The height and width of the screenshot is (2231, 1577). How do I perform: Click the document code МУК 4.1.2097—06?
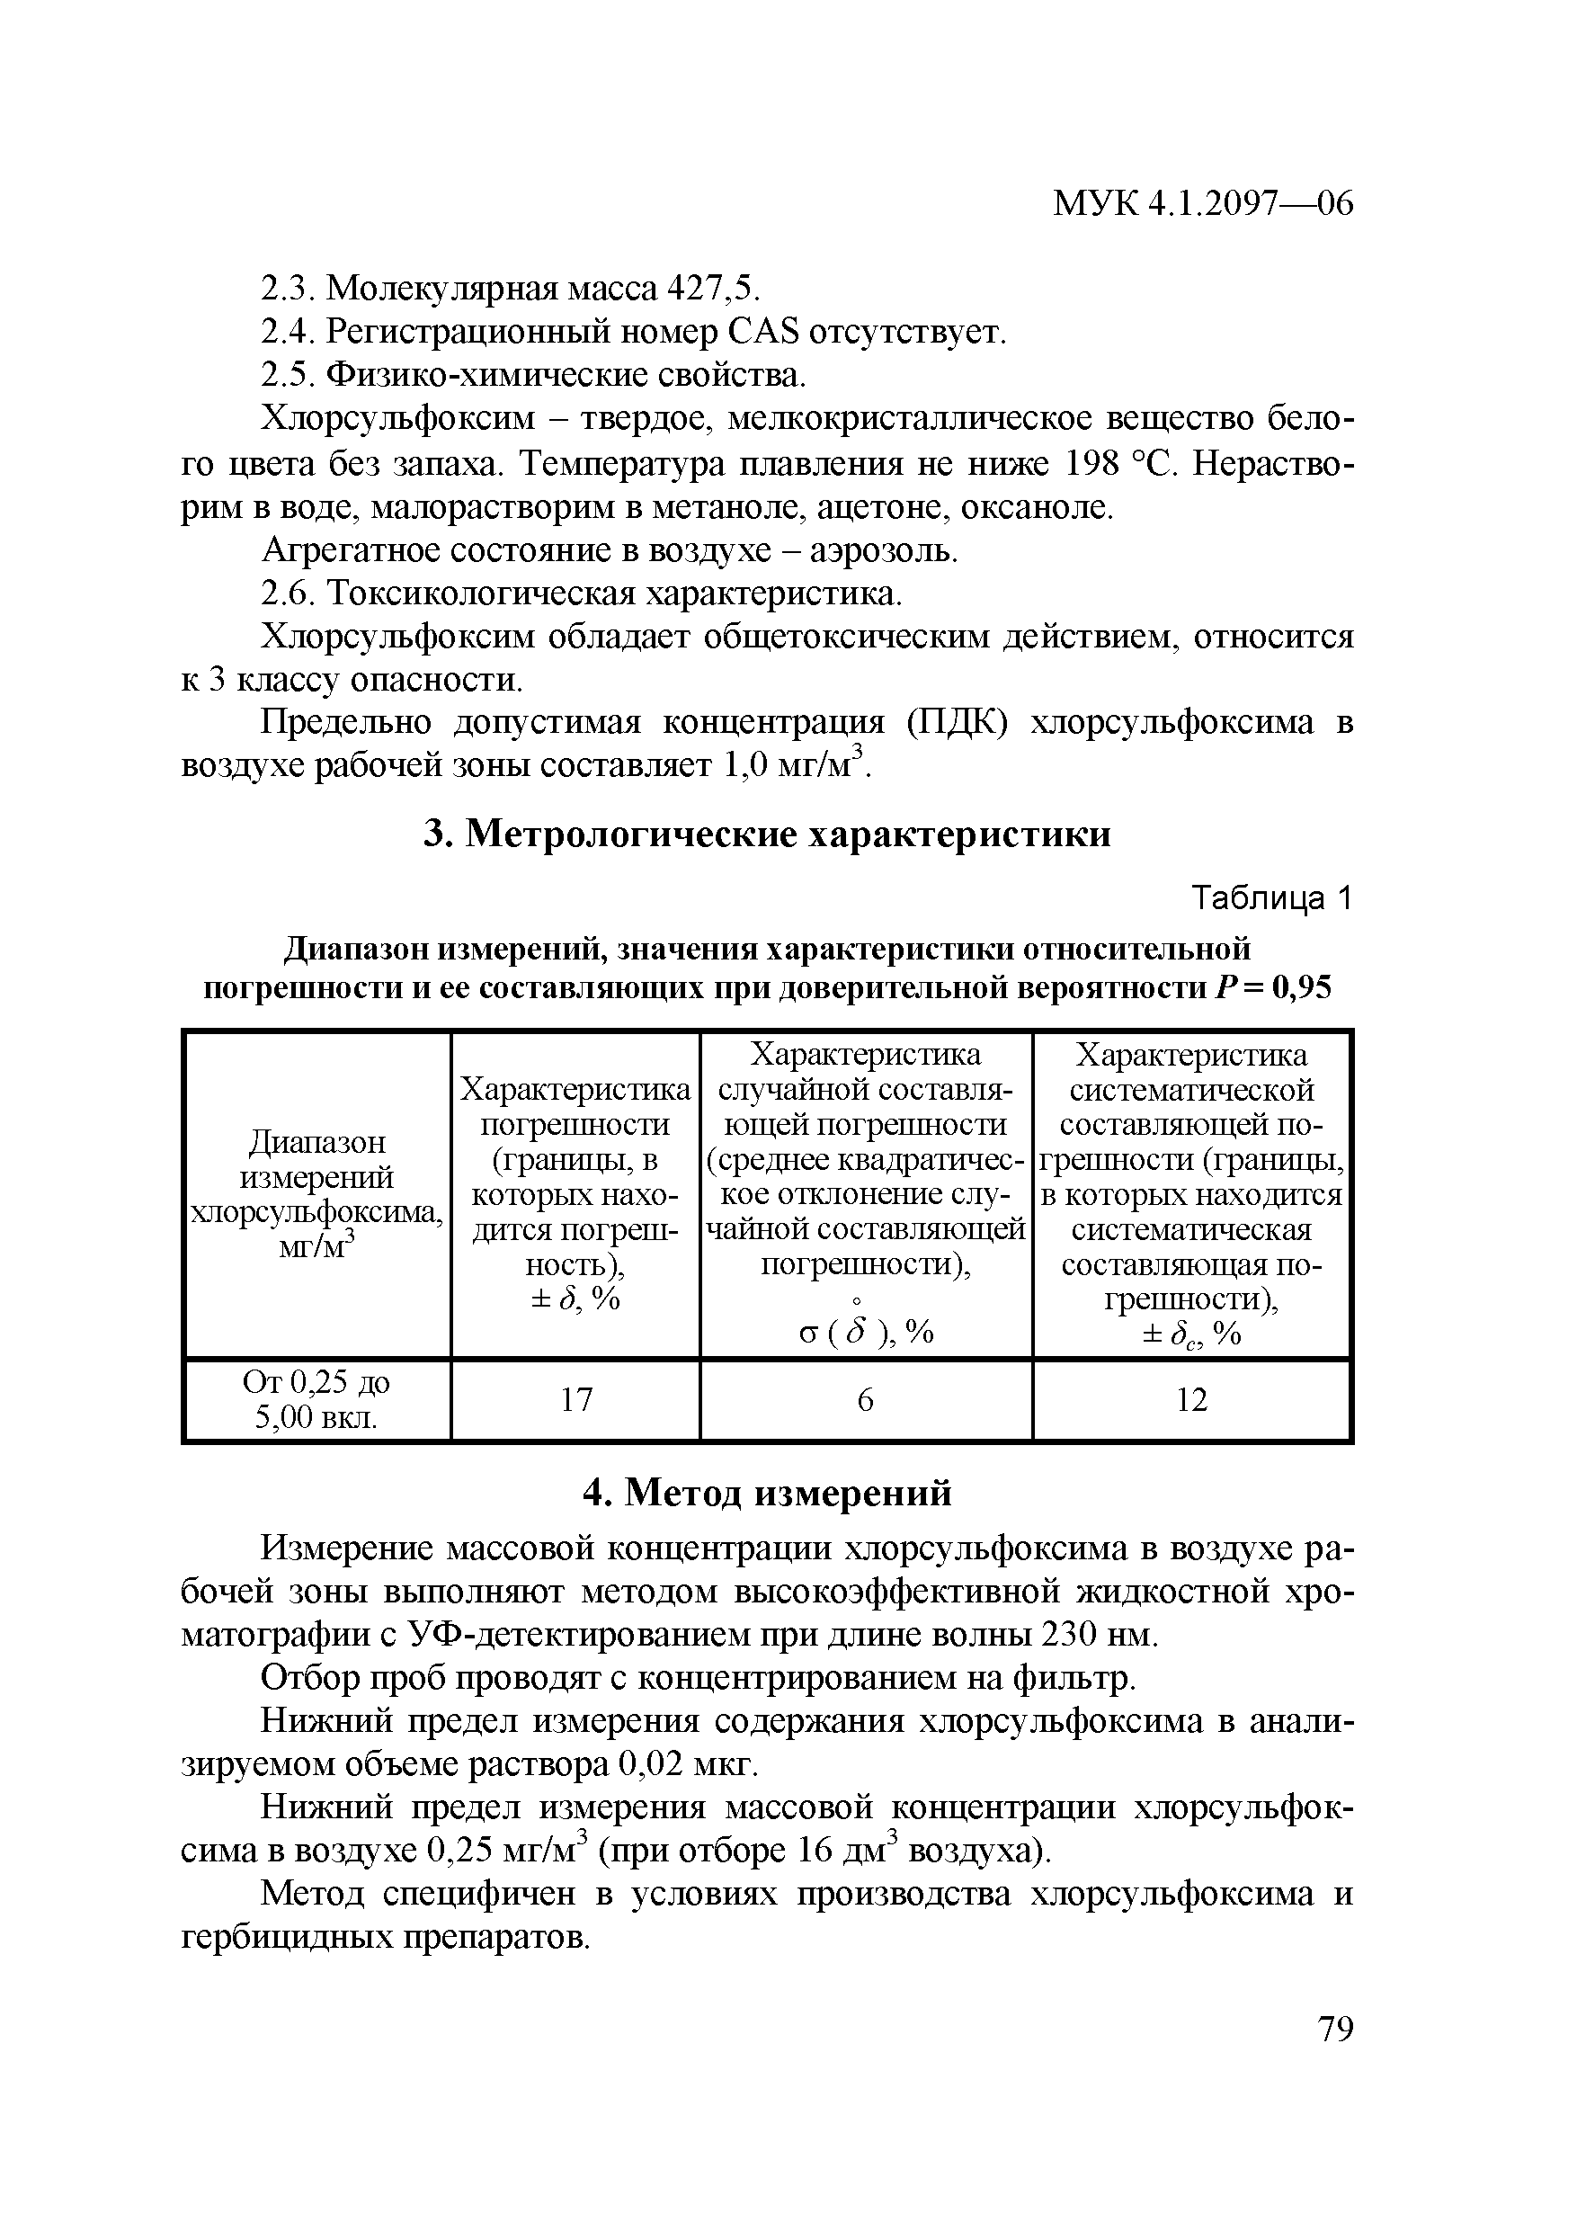(1203, 203)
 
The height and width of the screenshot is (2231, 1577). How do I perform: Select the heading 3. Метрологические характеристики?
(768, 834)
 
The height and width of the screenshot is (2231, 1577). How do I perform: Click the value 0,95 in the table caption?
(1301, 988)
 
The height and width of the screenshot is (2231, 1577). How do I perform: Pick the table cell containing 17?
(576, 1399)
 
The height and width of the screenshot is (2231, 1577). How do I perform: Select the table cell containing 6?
(865, 1399)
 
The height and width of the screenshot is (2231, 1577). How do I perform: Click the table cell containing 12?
(1191, 1399)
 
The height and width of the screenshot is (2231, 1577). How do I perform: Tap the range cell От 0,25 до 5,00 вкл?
(316, 1399)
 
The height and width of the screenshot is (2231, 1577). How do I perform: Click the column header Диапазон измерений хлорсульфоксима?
(316, 1193)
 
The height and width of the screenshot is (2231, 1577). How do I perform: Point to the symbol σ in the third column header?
(809, 1334)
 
